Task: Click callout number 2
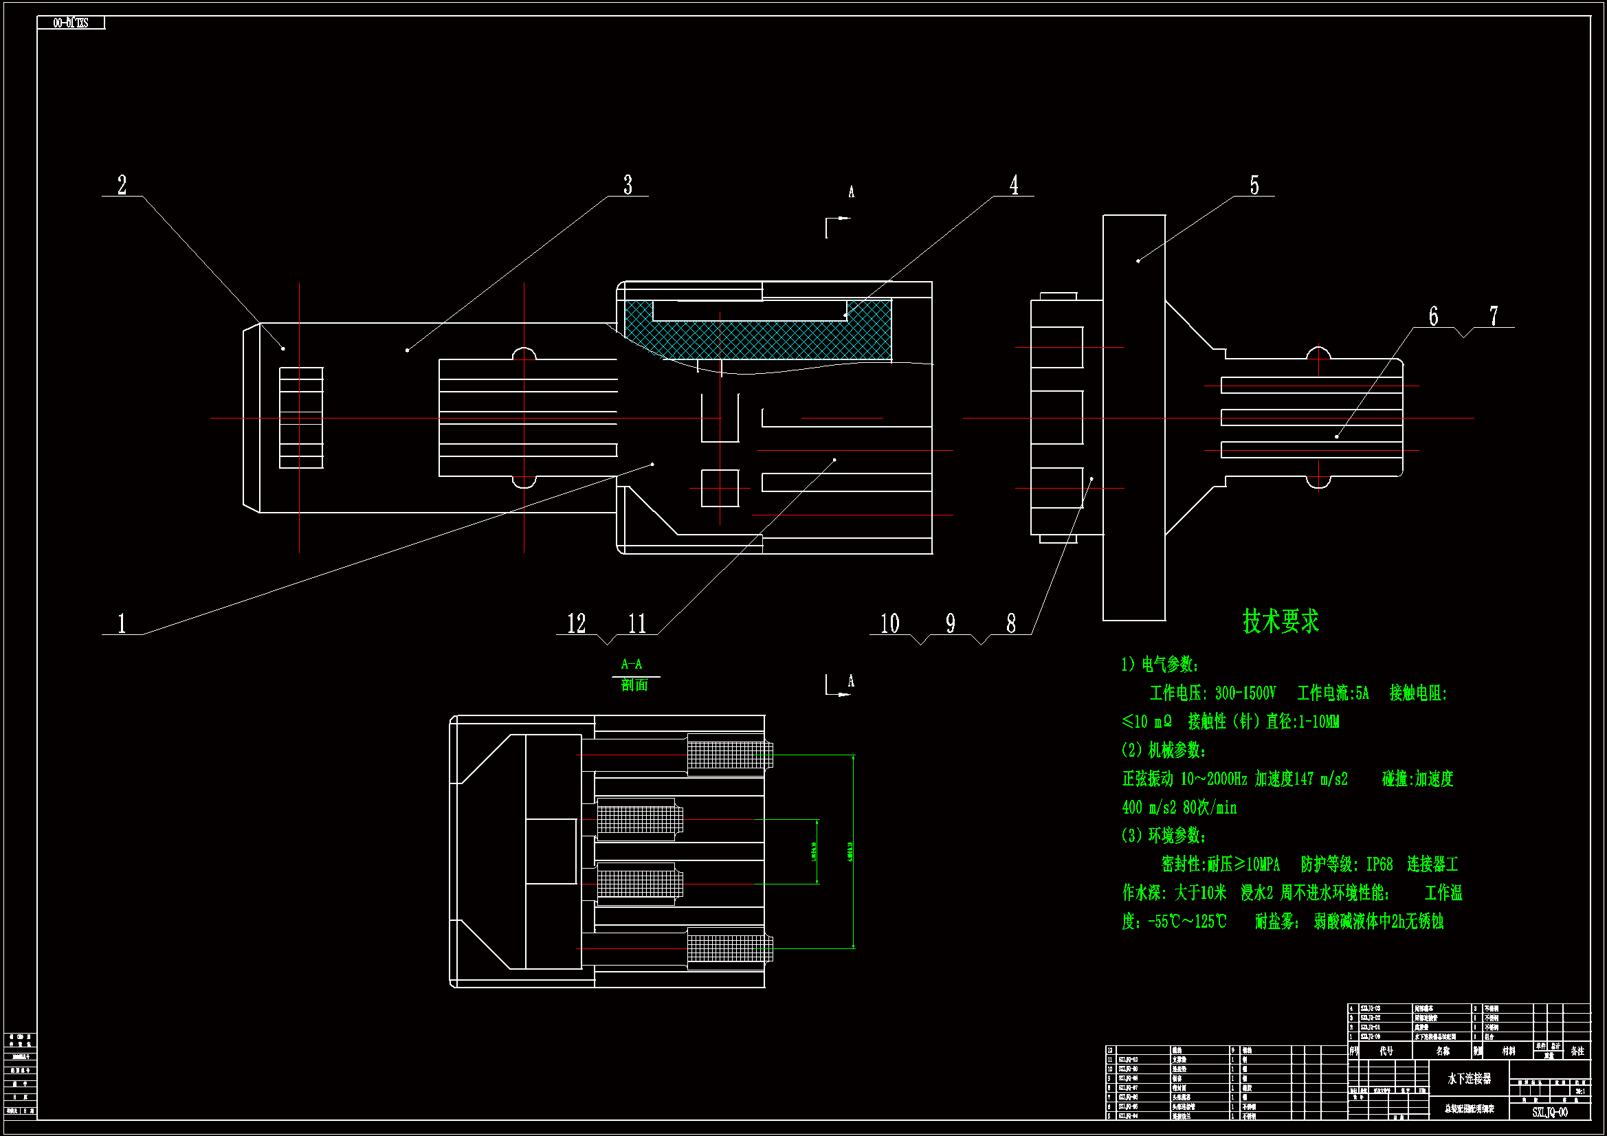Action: pyautogui.click(x=122, y=186)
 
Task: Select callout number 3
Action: pyautogui.click(x=628, y=186)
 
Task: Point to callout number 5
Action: pyautogui.click(x=1254, y=186)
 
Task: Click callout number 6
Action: pyautogui.click(x=1433, y=316)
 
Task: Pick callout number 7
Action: pyautogui.click(x=1494, y=316)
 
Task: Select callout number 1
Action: pyautogui.click(x=122, y=623)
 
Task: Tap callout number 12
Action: pyautogui.click(x=576, y=623)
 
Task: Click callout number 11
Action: pyautogui.click(x=637, y=623)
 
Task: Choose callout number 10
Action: pyautogui.click(x=889, y=623)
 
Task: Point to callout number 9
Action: pyautogui.click(x=951, y=623)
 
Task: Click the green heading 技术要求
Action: pyautogui.click(x=1280, y=621)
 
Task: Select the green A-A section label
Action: pyautogui.click(x=631, y=665)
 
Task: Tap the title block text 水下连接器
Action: pyautogui.click(x=1469, y=1078)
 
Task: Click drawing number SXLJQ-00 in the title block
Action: pyautogui.click(x=1549, y=1112)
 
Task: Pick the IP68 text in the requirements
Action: pyautogui.click(x=1379, y=865)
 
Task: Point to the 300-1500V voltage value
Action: pyautogui.click(x=1245, y=693)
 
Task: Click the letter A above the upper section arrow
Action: pyautogui.click(x=851, y=192)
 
